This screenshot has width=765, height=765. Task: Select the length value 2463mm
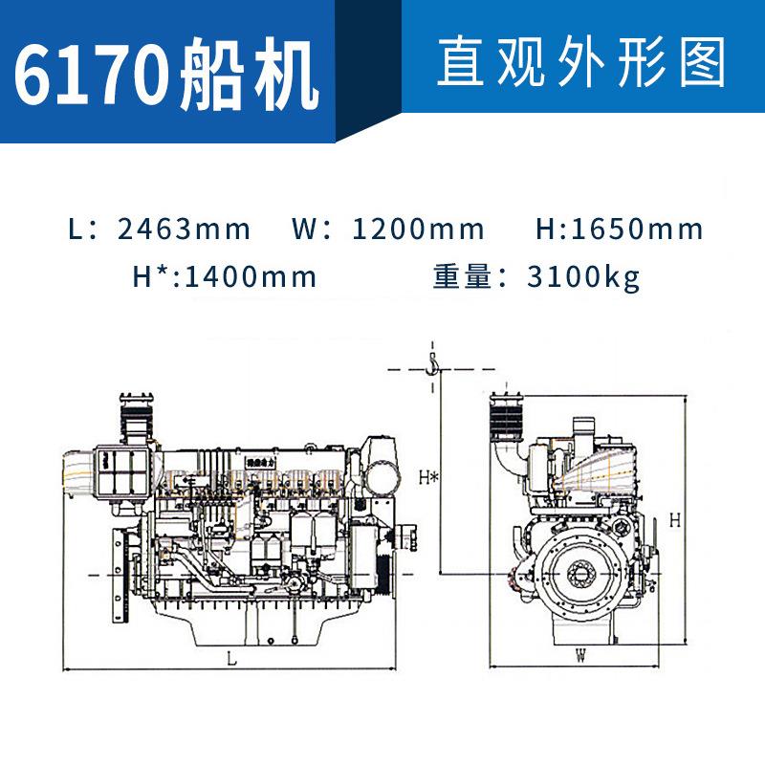(x=184, y=229)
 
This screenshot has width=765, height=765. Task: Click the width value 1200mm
(x=419, y=229)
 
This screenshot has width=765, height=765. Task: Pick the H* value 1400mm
(x=250, y=277)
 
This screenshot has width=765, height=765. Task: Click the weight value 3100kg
(x=583, y=277)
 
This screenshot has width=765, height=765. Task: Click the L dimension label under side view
(x=231, y=658)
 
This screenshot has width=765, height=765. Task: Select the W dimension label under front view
(x=580, y=655)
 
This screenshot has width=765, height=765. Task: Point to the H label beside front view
(x=674, y=521)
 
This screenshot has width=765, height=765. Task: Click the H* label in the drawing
(x=429, y=476)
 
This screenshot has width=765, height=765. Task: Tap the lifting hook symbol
(x=433, y=363)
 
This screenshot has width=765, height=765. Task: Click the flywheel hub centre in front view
(x=580, y=575)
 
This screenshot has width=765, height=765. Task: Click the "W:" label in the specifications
(x=310, y=229)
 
